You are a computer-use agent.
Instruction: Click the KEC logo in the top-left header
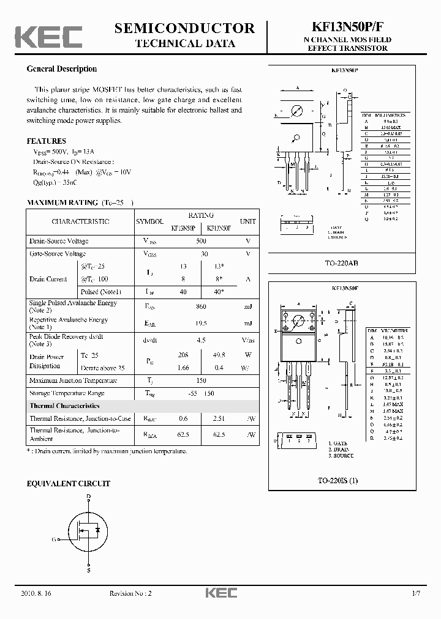[x=48, y=36]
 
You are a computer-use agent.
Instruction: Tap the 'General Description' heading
[x=62, y=69]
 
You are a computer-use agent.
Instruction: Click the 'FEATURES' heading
[x=47, y=141]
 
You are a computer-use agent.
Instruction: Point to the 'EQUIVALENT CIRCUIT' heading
[x=69, y=483]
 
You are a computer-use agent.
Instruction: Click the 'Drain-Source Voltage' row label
[x=59, y=242]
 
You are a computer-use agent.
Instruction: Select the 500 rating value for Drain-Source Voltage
[x=201, y=242]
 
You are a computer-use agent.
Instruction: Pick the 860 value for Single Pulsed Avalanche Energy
[x=201, y=306]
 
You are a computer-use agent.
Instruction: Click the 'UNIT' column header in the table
[x=248, y=221]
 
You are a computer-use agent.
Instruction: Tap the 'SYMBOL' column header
[x=149, y=221]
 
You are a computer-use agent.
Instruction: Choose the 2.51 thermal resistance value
[x=219, y=418]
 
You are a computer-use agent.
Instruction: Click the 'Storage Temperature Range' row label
[x=67, y=393]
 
